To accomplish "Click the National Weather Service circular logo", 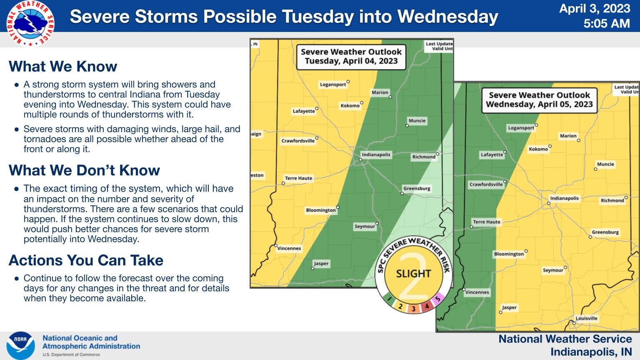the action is [30, 23].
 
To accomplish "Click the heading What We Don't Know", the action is [84, 170].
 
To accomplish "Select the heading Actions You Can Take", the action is [86, 260].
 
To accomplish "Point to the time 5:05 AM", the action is [607, 23].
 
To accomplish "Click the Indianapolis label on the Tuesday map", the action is [376, 155].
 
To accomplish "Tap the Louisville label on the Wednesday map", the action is [586, 318].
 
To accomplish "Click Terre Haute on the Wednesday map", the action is [487, 222].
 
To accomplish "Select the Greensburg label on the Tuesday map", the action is [417, 188].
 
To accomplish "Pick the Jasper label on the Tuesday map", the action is [321, 263].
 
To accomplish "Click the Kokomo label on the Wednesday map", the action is [538, 149].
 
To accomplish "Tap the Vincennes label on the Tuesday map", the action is [289, 248].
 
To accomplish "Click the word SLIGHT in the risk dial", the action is [413, 274].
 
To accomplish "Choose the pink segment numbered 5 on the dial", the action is [437, 299].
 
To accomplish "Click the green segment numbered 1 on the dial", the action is [389, 299].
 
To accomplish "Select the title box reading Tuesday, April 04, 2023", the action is [351, 57].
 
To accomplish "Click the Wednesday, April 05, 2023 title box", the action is [540, 100].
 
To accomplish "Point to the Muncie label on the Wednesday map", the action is [605, 164].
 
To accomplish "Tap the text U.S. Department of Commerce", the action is [71, 355].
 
